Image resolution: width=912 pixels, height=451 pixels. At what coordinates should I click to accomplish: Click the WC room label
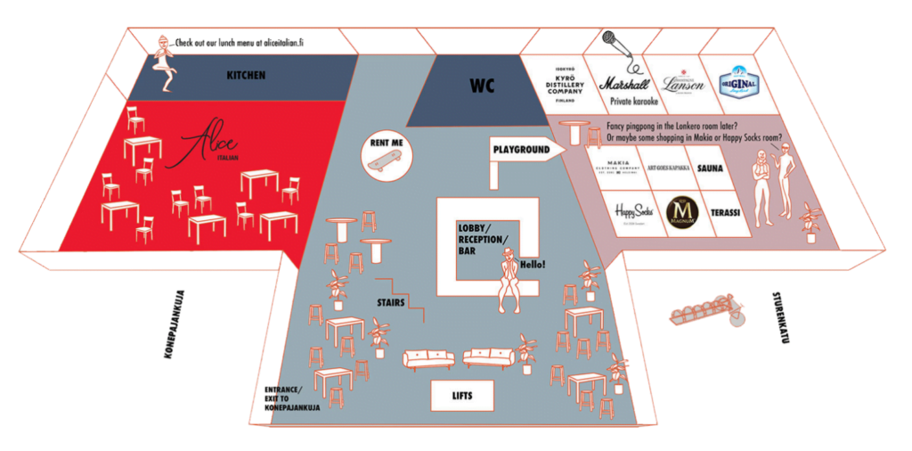click(x=482, y=86)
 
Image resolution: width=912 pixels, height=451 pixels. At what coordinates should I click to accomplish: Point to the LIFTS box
click(x=462, y=395)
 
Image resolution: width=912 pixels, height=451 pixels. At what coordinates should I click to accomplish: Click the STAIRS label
click(x=390, y=303)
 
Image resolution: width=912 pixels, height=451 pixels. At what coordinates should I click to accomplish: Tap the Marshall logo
click(x=628, y=83)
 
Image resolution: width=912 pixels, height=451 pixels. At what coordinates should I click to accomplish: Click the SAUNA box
click(x=710, y=168)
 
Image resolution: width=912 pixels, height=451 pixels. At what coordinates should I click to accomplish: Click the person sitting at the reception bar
click(x=509, y=278)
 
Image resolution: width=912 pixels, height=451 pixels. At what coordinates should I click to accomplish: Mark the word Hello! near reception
click(x=532, y=265)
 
